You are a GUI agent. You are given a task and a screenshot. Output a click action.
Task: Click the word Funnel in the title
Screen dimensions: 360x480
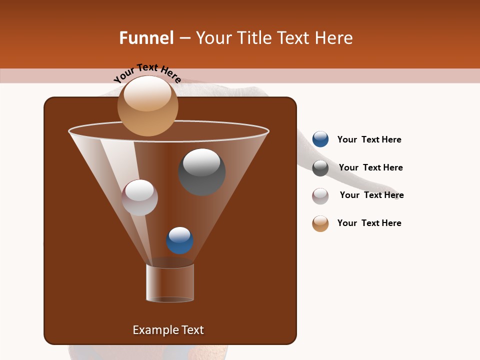pyautogui.click(x=146, y=38)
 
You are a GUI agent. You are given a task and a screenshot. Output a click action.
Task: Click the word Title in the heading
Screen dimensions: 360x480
pyautogui.click(x=254, y=38)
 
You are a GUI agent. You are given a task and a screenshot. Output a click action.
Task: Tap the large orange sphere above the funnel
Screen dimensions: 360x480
pyautogui.click(x=147, y=106)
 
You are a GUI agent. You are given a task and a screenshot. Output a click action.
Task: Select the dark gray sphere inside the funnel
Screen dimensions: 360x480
pyautogui.click(x=202, y=172)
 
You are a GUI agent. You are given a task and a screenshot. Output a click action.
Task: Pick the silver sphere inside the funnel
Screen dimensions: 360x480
pyautogui.click(x=139, y=197)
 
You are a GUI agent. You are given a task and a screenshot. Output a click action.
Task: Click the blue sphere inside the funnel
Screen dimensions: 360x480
pyautogui.click(x=179, y=240)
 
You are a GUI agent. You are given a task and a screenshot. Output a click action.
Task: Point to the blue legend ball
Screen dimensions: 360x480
pyautogui.click(x=320, y=139)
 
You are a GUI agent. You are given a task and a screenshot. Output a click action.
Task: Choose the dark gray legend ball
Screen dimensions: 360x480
pyautogui.click(x=320, y=168)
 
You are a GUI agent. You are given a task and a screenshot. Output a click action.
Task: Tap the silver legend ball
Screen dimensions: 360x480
pyautogui.click(x=320, y=196)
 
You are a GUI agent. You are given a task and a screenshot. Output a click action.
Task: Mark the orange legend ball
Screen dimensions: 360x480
pyautogui.click(x=320, y=223)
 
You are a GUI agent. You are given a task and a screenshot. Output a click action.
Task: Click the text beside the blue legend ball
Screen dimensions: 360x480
pyautogui.click(x=369, y=139)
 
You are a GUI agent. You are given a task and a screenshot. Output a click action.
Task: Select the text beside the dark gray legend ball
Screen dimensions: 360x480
pyautogui.click(x=370, y=167)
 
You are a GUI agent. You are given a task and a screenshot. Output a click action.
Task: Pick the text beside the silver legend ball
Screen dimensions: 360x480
pyautogui.click(x=371, y=195)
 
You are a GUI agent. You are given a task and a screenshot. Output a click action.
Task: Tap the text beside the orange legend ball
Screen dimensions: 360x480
pyautogui.click(x=369, y=223)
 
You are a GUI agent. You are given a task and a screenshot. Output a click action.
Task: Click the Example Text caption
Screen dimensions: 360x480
pyautogui.click(x=168, y=330)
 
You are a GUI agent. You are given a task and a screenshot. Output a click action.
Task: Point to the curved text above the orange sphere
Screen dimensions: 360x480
pyautogui.click(x=147, y=72)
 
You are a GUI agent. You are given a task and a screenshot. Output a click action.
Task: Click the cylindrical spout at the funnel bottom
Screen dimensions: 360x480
pyautogui.click(x=170, y=283)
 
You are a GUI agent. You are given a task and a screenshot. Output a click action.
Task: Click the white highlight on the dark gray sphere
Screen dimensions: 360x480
pyautogui.click(x=201, y=162)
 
